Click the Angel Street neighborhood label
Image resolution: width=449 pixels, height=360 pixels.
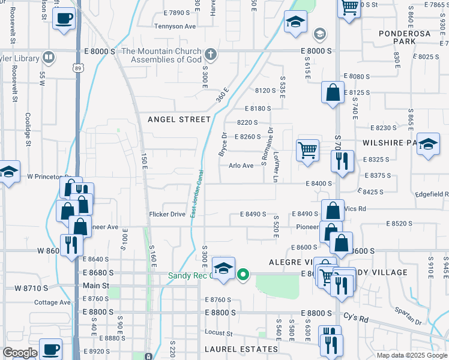(179, 119)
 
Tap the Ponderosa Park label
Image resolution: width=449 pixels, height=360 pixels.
(404, 38)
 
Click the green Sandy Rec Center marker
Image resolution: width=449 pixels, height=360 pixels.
(243, 276)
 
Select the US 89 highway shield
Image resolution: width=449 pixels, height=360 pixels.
(79, 69)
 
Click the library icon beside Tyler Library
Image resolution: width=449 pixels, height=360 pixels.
(49, 58)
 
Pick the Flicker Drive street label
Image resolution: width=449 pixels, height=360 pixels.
(167, 214)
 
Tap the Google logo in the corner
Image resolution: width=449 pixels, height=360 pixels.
(20, 353)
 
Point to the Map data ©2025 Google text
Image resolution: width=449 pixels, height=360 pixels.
(412, 355)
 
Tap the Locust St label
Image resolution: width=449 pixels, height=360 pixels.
(218, 332)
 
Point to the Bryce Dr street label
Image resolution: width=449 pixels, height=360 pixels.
(223, 145)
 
